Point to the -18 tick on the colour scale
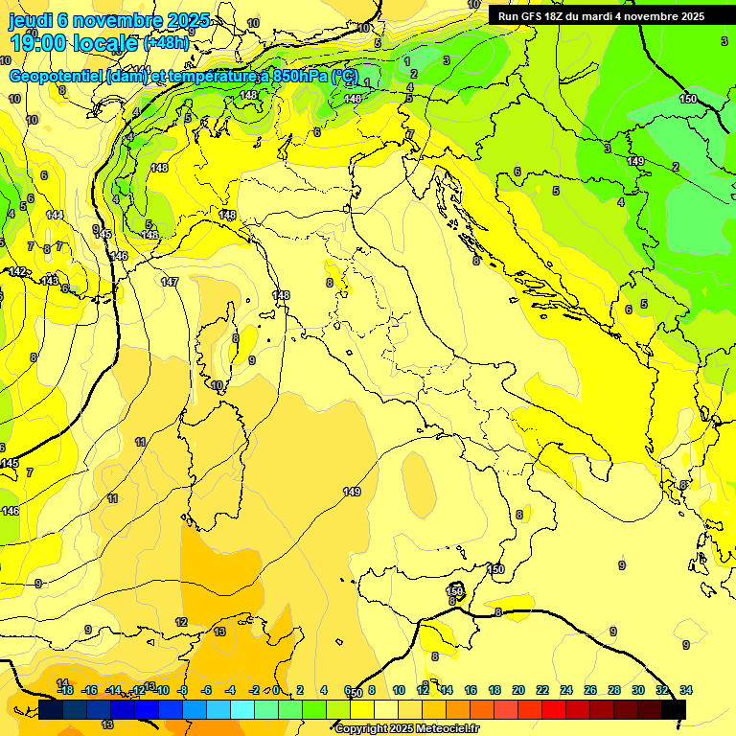(65, 690)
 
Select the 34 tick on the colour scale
(686, 690)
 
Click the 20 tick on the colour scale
(518, 690)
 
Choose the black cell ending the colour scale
(674, 709)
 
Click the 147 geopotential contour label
(170, 282)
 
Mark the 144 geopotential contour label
(55, 215)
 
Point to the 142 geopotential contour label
(17, 272)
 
